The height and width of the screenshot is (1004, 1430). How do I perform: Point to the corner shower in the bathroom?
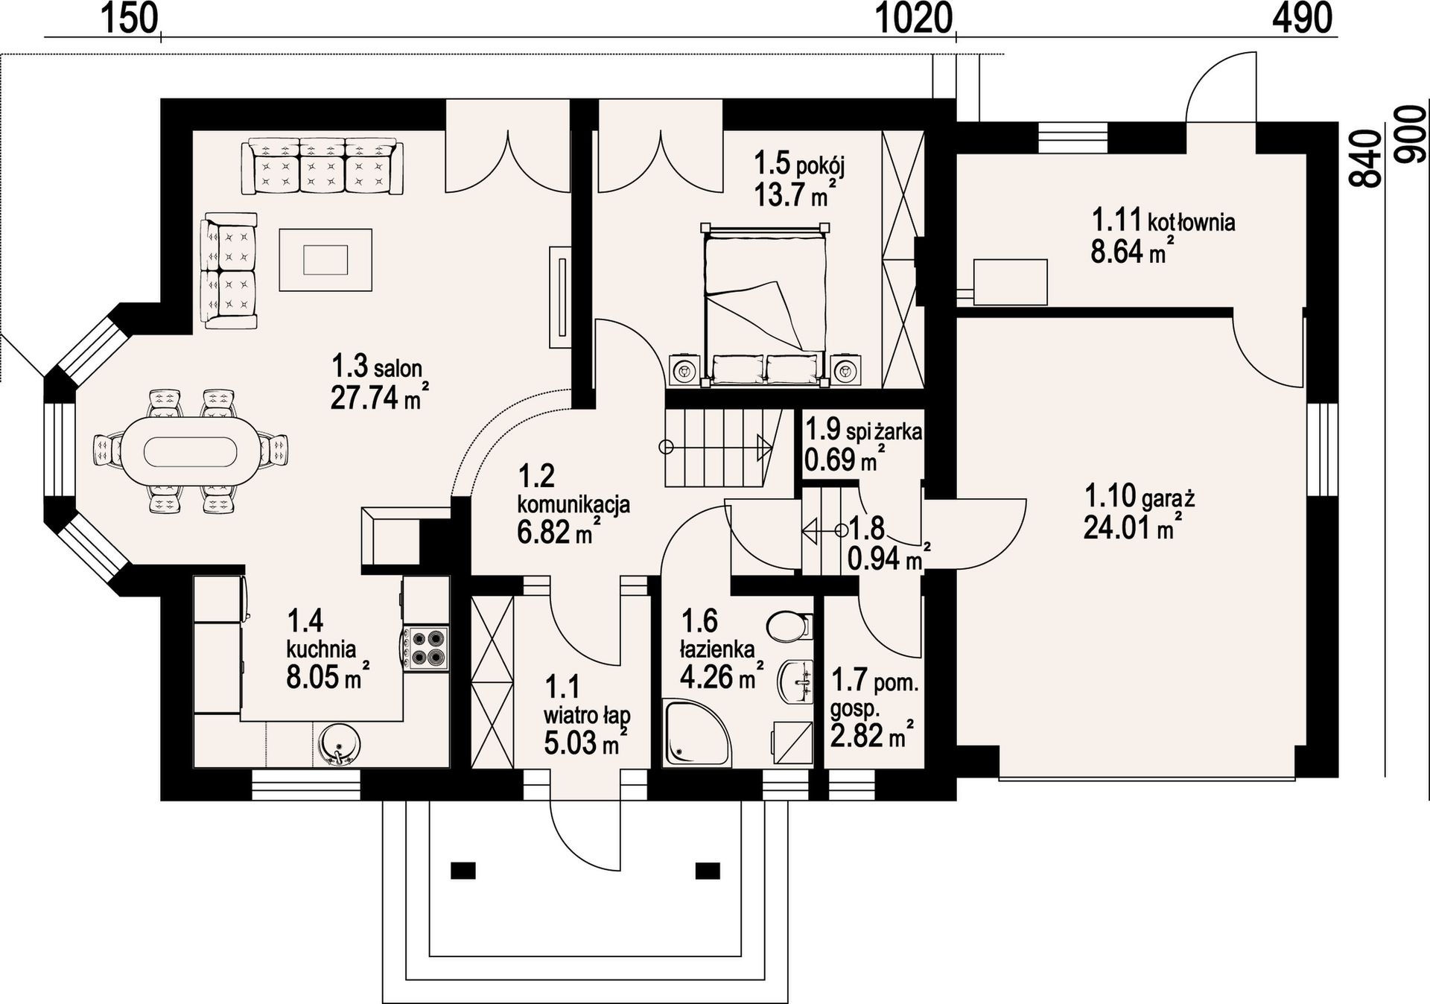click(696, 732)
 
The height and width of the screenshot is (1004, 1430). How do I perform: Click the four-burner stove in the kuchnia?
click(428, 648)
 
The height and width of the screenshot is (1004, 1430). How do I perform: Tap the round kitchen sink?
click(340, 746)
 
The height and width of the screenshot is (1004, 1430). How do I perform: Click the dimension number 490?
click(1303, 19)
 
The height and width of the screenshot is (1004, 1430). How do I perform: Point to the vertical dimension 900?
click(1411, 133)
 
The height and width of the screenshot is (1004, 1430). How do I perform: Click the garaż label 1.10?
click(1109, 495)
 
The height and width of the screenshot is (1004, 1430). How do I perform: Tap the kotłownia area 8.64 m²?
click(1128, 252)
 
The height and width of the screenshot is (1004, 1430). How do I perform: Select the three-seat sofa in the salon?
click(322, 166)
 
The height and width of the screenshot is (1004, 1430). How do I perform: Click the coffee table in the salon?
click(325, 260)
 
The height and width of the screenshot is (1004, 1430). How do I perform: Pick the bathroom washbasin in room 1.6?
click(795, 681)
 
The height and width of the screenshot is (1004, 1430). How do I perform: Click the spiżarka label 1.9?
click(823, 430)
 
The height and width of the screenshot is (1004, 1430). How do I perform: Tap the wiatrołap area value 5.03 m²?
click(585, 743)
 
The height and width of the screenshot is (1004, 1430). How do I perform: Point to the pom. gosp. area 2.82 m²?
click(872, 736)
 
